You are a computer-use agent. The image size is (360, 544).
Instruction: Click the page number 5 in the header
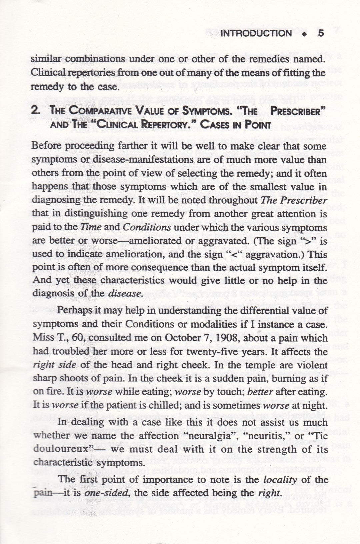tap(321, 33)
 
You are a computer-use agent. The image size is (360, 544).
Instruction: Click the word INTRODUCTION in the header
tap(256, 33)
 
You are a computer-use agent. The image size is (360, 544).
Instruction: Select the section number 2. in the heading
tap(36, 111)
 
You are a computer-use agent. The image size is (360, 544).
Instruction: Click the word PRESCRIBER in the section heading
tap(296, 111)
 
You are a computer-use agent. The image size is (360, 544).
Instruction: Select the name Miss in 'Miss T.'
tap(43, 338)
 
